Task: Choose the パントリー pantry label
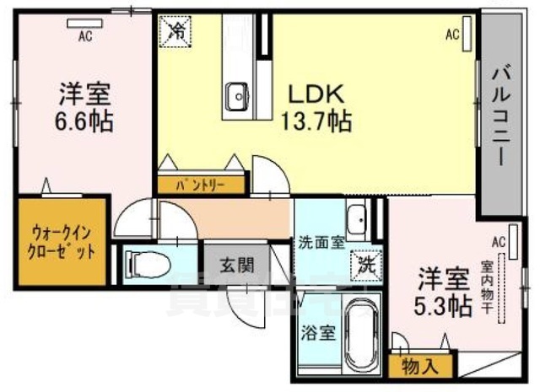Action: pos(200,185)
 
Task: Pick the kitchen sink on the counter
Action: pos(236,93)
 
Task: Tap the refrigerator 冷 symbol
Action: pos(176,32)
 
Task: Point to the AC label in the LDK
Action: pos(451,35)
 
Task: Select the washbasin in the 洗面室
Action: pos(358,219)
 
